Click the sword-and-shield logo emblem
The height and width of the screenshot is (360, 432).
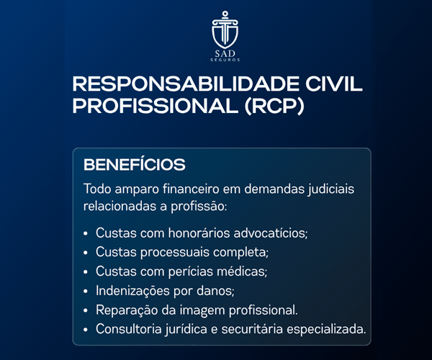(x=225, y=30)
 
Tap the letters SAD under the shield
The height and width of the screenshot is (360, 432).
(x=225, y=53)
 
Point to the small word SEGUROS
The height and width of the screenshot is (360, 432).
(x=225, y=60)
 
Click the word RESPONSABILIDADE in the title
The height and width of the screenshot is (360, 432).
(x=186, y=84)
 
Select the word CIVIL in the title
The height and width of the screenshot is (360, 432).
(x=333, y=84)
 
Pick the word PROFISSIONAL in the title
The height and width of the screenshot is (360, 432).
(x=156, y=106)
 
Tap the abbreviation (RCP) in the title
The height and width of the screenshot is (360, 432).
(x=274, y=106)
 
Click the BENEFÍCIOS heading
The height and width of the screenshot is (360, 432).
(x=135, y=164)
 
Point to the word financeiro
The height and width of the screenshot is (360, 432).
(x=191, y=189)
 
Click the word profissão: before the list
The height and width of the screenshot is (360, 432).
(x=199, y=207)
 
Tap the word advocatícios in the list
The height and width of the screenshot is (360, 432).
(x=271, y=233)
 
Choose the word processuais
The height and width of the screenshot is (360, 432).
(x=175, y=253)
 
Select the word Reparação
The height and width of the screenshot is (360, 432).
(x=127, y=310)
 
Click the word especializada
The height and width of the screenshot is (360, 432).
(x=326, y=330)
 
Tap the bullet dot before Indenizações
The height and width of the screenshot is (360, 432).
(x=86, y=291)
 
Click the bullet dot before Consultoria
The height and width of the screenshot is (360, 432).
(x=86, y=330)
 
